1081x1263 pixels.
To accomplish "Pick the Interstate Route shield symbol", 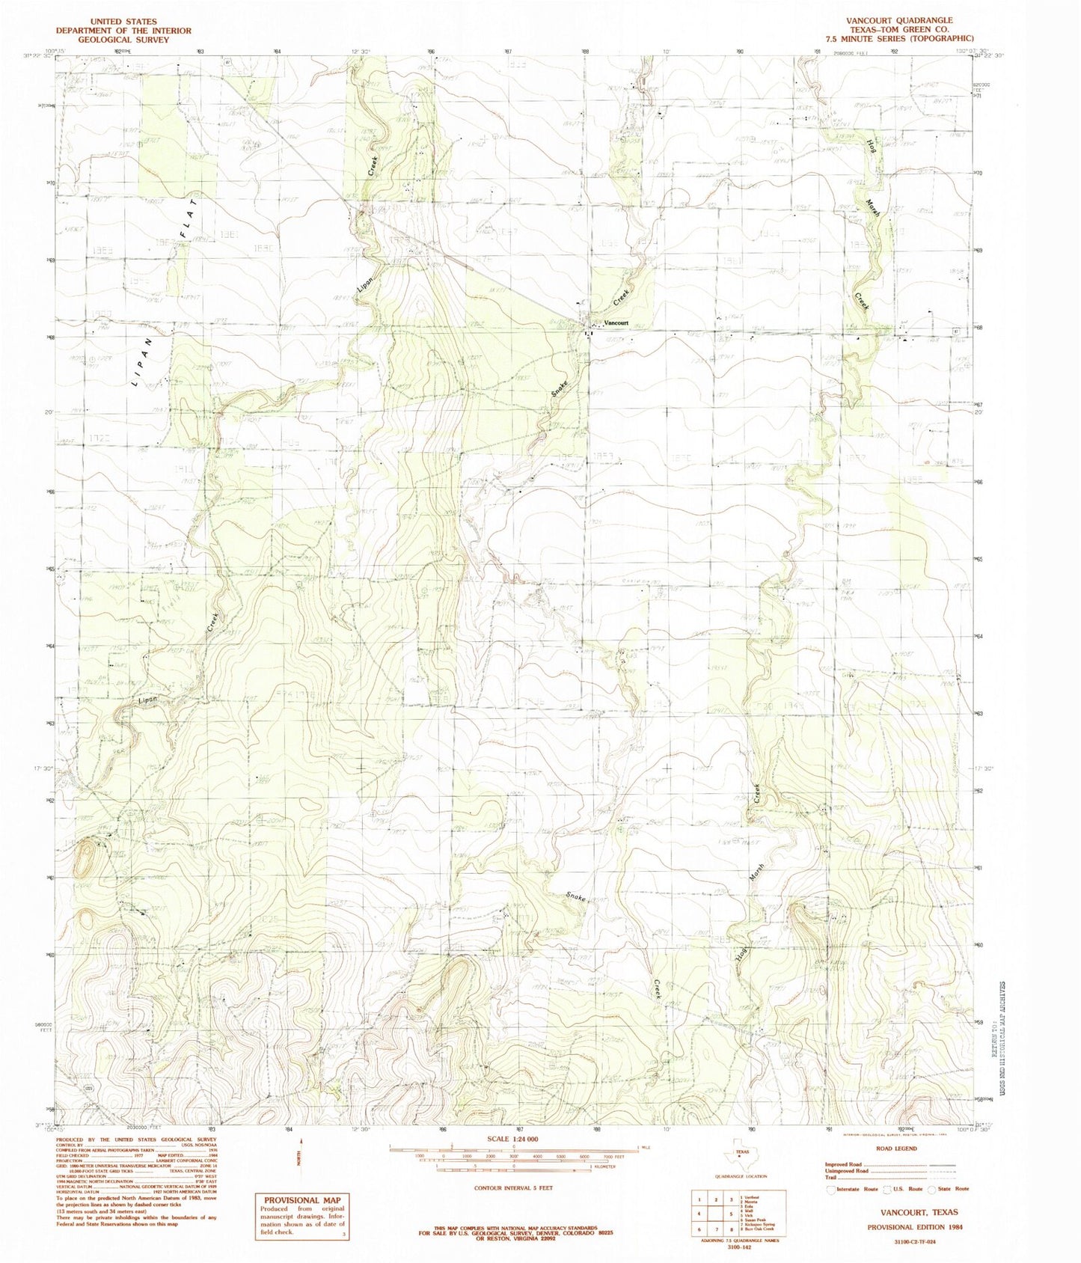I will pos(831,1188).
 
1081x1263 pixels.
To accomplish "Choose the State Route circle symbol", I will pos(932,1188).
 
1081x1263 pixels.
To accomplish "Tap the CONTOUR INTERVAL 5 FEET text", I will pos(512,1187).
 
